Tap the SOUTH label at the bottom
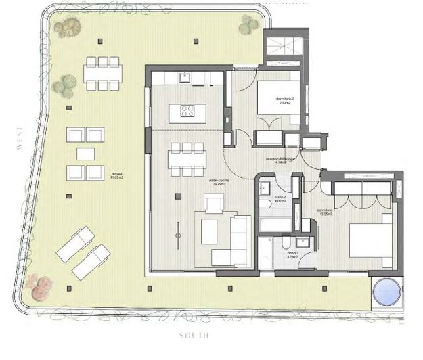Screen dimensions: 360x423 (x=194, y=336)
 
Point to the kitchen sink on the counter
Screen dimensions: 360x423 (x=184, y=77)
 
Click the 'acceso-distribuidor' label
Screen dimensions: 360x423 (x=286, y=160)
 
